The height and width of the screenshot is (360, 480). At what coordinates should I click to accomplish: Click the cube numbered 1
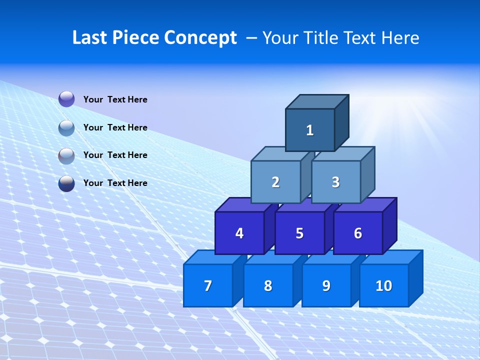click(310, 130)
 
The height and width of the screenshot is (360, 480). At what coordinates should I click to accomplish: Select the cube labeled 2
click(275, 182)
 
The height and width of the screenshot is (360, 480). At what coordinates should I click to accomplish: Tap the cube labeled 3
click(335, 182)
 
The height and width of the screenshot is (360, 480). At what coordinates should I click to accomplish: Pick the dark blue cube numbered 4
click(239, 233)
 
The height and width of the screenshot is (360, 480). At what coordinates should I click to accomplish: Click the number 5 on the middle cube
click(299, 233)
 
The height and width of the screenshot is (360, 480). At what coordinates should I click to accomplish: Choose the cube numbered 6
click(357, 233)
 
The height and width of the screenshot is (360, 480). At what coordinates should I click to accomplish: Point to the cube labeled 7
click(208, 285)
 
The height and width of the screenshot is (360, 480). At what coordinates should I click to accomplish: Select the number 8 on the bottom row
click(268, 285)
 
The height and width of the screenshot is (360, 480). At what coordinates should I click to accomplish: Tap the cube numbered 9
click(326, 285)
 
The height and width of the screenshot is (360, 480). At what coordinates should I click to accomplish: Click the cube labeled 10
click(384, 285)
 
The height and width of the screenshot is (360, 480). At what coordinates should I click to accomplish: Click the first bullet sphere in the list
click(66, 99)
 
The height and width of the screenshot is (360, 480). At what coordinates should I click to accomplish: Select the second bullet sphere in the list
click(66, 127)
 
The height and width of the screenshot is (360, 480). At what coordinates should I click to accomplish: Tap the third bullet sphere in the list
click(66, 155)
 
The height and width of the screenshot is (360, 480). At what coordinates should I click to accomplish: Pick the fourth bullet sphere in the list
click(66, 183)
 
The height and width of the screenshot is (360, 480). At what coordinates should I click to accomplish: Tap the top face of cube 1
click(317, 101)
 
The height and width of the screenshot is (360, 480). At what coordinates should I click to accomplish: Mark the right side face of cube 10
click(415, 278)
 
